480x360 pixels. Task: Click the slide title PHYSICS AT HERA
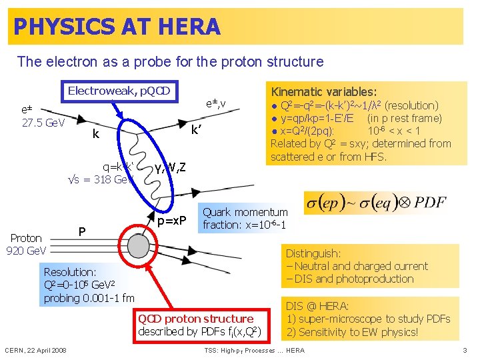coord(117,27)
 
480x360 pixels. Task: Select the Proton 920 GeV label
coord(26,244)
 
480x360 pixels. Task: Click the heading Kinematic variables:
coord(323,91)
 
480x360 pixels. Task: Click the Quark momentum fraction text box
coord(245,219)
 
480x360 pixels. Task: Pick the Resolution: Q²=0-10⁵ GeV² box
coord(89,285)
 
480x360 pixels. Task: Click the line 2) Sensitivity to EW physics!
coord(353,332)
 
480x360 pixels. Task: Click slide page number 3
coord(465,351)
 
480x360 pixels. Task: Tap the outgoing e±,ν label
coord(217,103)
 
